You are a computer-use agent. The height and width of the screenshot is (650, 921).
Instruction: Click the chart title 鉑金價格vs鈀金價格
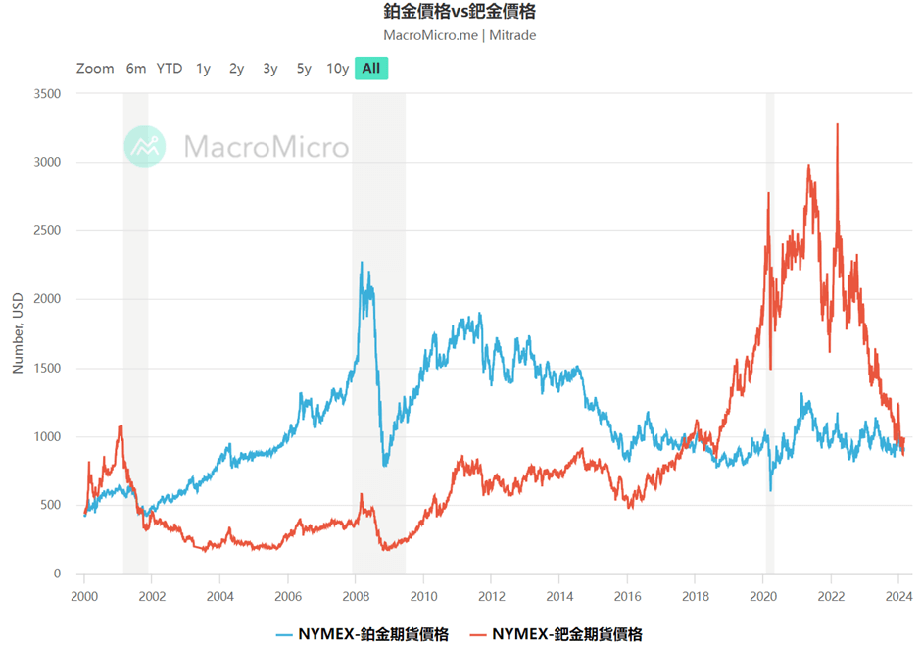pos(460,12)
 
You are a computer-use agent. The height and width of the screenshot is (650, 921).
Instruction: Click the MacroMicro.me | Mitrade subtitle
pos(460,35)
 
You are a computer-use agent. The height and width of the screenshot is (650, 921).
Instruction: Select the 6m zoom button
pos(136,69)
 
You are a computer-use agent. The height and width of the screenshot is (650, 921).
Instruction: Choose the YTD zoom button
pos(170,69)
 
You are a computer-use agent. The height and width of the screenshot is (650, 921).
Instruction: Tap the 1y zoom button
pos(203,69)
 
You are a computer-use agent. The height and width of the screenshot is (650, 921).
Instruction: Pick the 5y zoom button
pos(304,69)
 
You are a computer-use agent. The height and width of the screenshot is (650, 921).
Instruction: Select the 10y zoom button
pos(337,69)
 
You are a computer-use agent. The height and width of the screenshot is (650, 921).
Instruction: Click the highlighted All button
pos(371,69)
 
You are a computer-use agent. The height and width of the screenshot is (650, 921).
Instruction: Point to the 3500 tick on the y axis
pos(47,94)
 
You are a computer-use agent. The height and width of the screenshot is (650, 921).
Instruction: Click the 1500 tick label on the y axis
pos(47,369)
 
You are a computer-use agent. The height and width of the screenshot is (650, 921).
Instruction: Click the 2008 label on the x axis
pos(356,595)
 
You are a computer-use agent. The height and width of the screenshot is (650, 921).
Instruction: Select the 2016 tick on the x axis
pos(628,595)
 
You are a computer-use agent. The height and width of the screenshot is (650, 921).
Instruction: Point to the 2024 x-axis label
pos(899,595)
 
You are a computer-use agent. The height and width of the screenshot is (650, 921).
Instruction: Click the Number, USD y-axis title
pos(18,333)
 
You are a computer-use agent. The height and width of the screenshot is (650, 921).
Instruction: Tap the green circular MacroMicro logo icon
pos(145,146)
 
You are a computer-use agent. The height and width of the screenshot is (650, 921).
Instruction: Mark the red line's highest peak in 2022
pos(837,125)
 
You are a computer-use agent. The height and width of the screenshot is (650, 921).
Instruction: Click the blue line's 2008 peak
pos(362,263)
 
